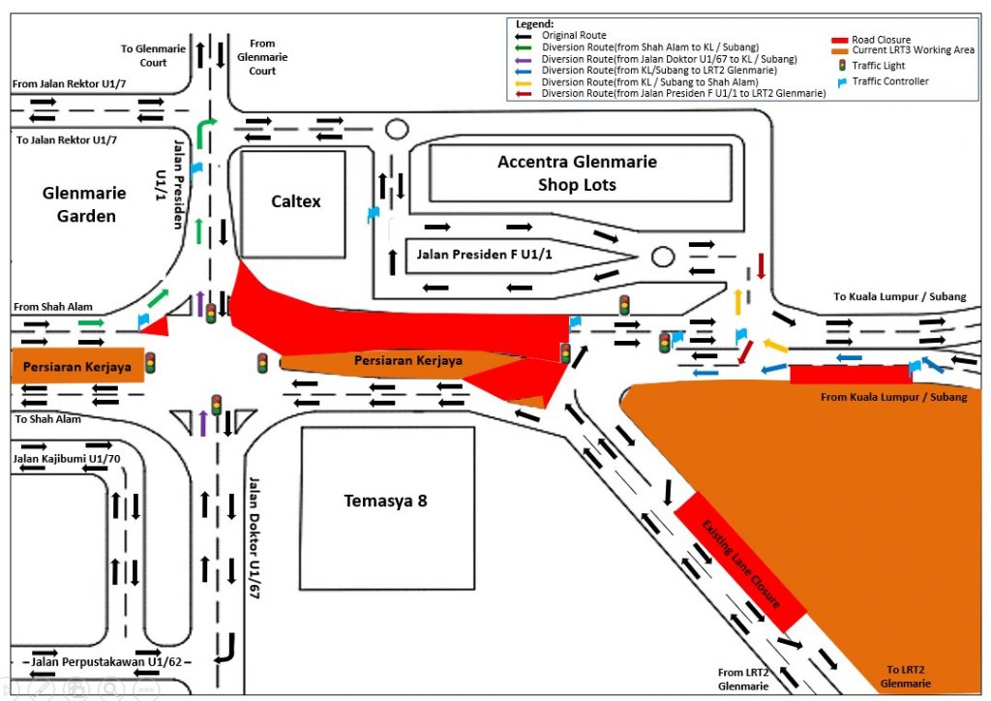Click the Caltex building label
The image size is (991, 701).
click(296, 201)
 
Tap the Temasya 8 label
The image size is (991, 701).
click(386, 501)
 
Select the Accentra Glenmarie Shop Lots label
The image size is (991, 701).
click(577, 173)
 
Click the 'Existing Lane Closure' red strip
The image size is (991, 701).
click(740, 562)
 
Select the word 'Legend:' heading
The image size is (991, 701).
click(535, 23)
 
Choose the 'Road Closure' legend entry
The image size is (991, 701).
click(881, 40)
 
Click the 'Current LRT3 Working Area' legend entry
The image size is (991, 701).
click(913, 50)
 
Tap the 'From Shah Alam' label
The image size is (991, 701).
click(53, 307)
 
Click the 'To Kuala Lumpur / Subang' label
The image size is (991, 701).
click(900, 296)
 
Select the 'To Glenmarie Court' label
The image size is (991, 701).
click(144, 55)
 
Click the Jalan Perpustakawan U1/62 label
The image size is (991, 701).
click(96, 662)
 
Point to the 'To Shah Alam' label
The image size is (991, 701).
click(48, 419)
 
